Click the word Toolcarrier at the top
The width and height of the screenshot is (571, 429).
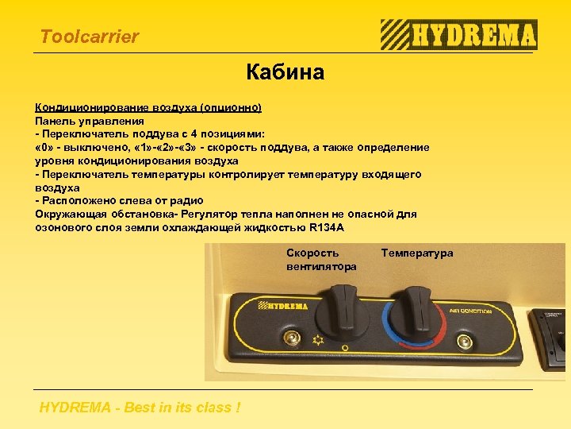[x=89, y=37]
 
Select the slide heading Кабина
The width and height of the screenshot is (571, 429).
[x=285, y=73]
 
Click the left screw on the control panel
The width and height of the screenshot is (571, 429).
[x=291, y=339]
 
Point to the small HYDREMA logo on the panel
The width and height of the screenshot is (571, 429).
[x=281, y=305]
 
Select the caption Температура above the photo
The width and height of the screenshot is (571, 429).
[x=417, y=253]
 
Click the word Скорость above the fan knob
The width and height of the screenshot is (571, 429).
[x=312, y=253]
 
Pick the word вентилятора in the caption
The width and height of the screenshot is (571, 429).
[x=321, y=266]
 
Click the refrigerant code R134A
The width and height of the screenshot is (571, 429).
[x=328, y=228]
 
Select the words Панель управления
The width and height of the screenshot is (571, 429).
[x=89, y=120]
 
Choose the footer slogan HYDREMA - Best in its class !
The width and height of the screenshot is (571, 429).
[x=140, y=408]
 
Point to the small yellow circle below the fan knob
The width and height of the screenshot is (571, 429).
[x=344, y=348]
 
